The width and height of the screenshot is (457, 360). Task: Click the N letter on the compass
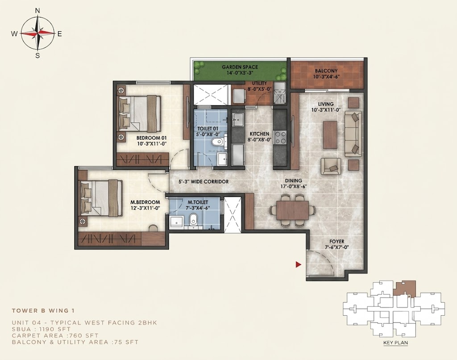[37, 11]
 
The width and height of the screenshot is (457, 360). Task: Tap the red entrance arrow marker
[298, 264]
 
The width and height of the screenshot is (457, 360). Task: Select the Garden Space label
[240, 67]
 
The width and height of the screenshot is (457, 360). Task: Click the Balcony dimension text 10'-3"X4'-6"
[326, 77]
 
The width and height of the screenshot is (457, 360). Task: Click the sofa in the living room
[353, 134]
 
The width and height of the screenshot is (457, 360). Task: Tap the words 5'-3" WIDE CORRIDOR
[204, 182]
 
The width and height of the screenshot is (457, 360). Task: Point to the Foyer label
[337, 242]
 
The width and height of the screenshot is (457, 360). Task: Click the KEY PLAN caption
[395, 343]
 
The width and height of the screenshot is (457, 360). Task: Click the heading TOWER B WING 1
[43, 311]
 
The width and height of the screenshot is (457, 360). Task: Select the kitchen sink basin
[238, 119]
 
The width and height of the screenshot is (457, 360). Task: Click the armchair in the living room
[331, 166]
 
